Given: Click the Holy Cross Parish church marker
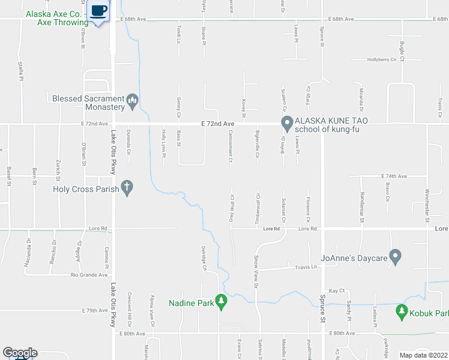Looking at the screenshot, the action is point(126,188).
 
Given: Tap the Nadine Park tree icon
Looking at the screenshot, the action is point(221,303).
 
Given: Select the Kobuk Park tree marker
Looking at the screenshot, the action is point(403,313).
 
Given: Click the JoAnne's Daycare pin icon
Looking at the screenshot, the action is point(395,257).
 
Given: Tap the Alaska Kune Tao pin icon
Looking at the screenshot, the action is point(287,124).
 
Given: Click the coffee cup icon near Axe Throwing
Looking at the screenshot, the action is point(99,10).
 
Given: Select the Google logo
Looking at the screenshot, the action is point(19,353).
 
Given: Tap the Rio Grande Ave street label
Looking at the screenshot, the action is point(89,275).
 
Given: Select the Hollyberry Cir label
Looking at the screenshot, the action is point(382,60).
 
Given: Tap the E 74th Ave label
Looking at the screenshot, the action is point(394,176).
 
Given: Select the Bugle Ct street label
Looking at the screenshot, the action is point(402,46).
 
